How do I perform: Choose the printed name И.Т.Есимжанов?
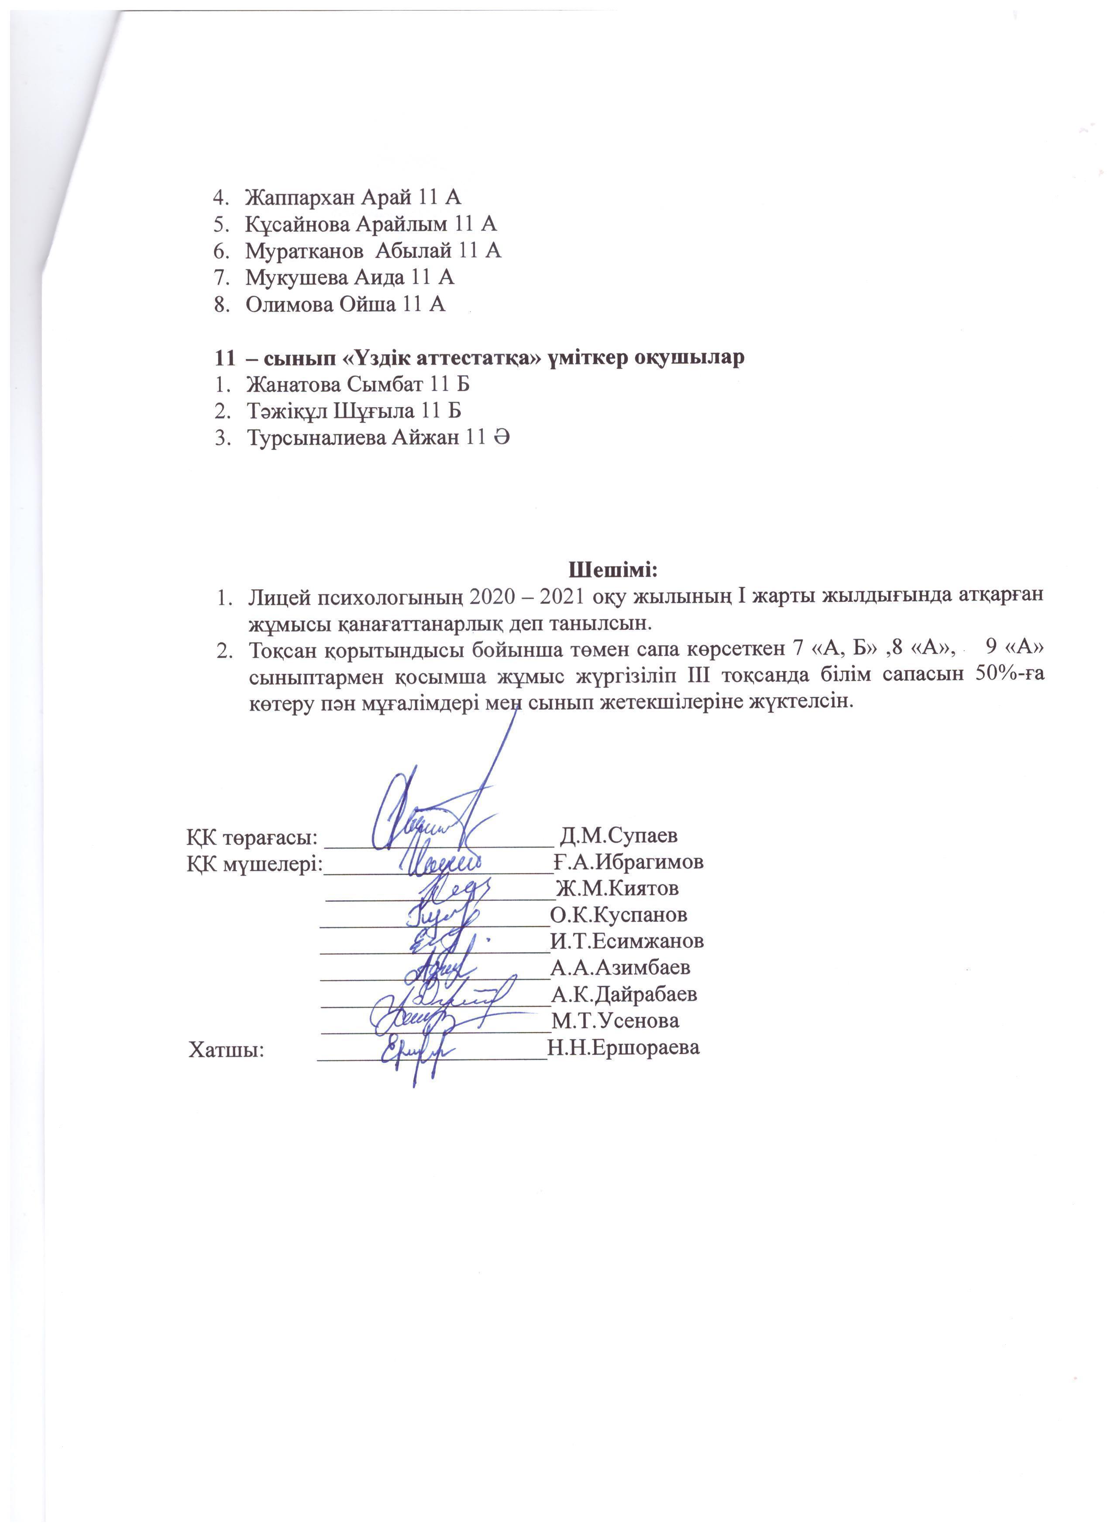(x=627, y=941)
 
